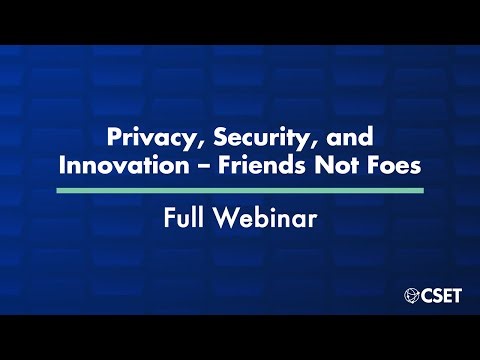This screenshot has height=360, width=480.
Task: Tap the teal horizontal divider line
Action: tap(240, 189)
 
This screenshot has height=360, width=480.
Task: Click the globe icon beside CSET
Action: tap(410, 295)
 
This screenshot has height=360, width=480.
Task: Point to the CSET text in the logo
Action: tap(440, 295)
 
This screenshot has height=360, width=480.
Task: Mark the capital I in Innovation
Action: tap(62, 164)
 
